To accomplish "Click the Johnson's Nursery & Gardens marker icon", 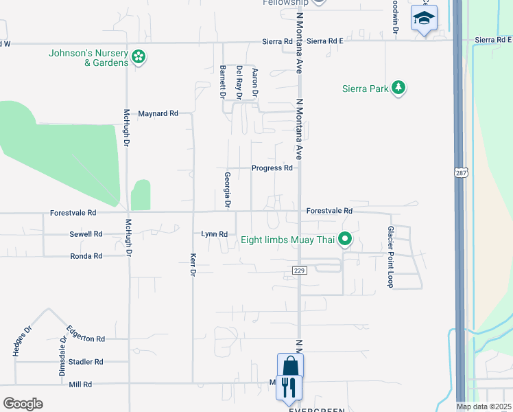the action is (139, 57).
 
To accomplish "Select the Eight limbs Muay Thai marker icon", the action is (346, 240).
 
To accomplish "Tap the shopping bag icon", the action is (290, 365).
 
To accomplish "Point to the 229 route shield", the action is (298, 271).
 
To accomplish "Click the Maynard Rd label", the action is (158, 113).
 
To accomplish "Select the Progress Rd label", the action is (272, 168).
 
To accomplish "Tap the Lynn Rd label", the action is (214, 234).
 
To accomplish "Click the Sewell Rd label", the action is (86, 234).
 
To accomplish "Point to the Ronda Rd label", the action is (86, 256).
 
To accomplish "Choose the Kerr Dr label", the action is (193, 264).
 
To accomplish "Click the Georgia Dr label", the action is (227, 190).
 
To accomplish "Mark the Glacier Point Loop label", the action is (390, 257).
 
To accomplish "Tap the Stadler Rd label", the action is (86, 361).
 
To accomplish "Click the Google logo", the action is (23, 403).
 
